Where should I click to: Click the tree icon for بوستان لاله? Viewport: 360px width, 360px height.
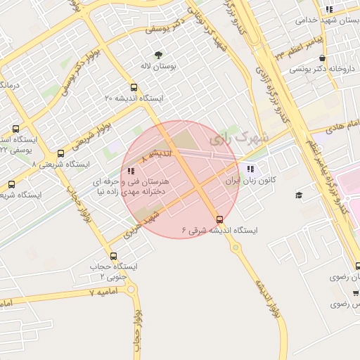(157, 55)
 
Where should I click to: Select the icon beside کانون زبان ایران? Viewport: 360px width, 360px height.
(251, 169)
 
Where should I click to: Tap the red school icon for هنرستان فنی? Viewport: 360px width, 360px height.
(131, 171)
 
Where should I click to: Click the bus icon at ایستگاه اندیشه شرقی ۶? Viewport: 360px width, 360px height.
(219, 219)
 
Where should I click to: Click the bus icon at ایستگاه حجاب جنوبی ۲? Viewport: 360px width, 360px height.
(113, 256)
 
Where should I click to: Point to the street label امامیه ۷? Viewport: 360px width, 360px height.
(103, 291)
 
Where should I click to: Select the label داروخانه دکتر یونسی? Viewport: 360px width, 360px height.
(320, 69)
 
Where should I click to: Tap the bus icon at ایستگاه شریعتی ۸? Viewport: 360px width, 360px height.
(60, 153)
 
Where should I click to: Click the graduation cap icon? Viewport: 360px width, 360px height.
(298, 195)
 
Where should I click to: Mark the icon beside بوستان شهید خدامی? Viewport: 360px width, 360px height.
(328, 9)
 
